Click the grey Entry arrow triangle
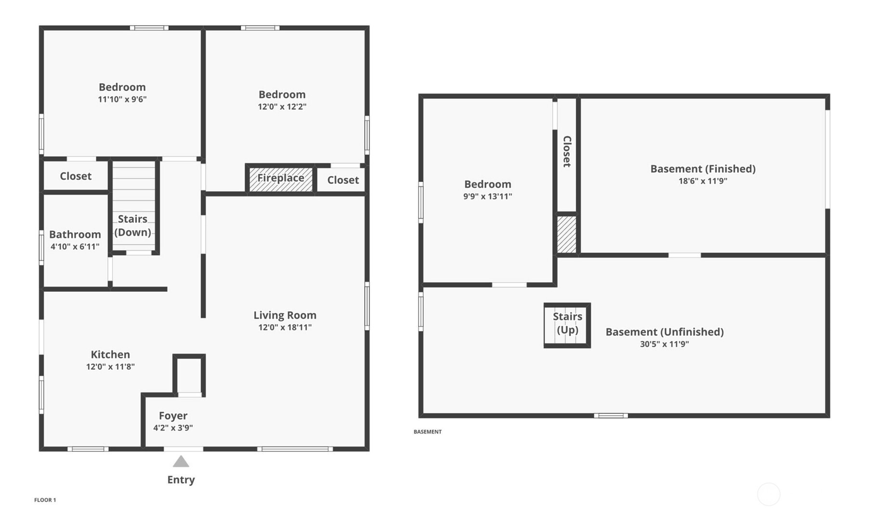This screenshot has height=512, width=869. coord(181,461)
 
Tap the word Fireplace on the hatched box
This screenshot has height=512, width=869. coord(281,178)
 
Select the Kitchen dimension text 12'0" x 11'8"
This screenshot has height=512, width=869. coord(110,367)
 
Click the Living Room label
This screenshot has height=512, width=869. coord(285,315)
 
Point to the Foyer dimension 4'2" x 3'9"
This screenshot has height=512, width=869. coord(173,428)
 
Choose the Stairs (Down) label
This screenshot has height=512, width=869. coord(132,225)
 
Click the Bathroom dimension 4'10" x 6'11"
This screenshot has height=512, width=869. coord(75,247)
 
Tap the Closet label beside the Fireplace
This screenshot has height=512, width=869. coord(343,180)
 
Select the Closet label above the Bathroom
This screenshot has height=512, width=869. coord(76,176)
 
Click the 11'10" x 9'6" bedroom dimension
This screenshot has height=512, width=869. coord(122,99)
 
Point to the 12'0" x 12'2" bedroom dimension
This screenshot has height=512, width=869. coord(282,106)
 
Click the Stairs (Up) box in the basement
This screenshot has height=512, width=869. coord(567,325)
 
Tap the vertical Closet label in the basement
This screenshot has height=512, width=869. coord(567,151)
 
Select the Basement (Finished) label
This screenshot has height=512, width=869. coord(703,169)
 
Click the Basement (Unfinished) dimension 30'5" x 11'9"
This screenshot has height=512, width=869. coord(664,344)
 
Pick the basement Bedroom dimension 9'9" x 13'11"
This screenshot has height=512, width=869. coord(488,197)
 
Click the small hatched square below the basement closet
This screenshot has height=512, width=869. coord(567,235)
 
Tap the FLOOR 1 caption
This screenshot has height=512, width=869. coord(45,500)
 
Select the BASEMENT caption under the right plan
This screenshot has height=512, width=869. coord(428,432)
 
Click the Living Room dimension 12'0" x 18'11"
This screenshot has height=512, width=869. coord(285,328)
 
